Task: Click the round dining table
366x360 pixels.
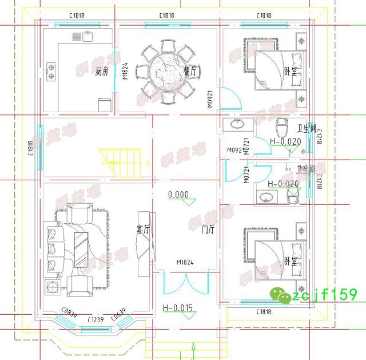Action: [166, 72]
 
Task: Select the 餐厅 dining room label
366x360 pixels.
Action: [190, 71]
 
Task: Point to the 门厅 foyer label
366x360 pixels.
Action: [208, 230]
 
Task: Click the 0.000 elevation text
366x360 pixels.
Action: [178, 195]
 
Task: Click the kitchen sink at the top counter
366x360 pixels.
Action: [87, 37]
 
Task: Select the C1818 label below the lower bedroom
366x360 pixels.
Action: [264, 312]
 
